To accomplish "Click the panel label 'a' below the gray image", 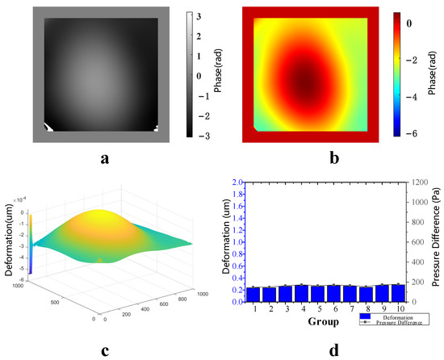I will tap(105, 159).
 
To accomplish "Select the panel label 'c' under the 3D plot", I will tap(105, 351).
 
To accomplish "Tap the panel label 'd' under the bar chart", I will tap(333, 351).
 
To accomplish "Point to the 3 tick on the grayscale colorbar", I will tap(199, 15).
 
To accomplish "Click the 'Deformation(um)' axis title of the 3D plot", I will tap(11, 242).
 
